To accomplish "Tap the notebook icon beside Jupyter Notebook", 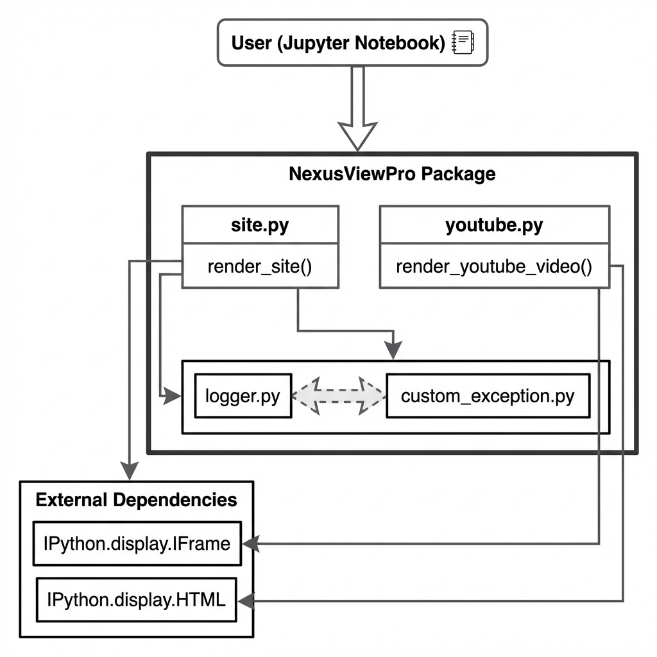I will tap(463, 43).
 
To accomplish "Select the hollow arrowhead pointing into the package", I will tap(358, 135).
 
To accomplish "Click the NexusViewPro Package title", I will tap(392, 174).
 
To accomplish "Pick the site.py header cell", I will tap(260, 225).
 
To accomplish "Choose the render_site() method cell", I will tap(260, 266).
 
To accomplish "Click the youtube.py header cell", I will tap(494, 225).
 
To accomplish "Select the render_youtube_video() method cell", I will tap(494, 266).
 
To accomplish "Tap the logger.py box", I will tap(243, 396).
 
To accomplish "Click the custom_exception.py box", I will tap(488, 396).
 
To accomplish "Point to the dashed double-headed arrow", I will tap(339, 396).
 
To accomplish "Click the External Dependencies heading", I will tap(136, 500).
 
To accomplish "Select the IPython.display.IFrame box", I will tap(137, 543).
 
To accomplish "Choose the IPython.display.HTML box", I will tap(136, 600).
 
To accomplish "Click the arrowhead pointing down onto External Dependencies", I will tap(130, 472).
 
